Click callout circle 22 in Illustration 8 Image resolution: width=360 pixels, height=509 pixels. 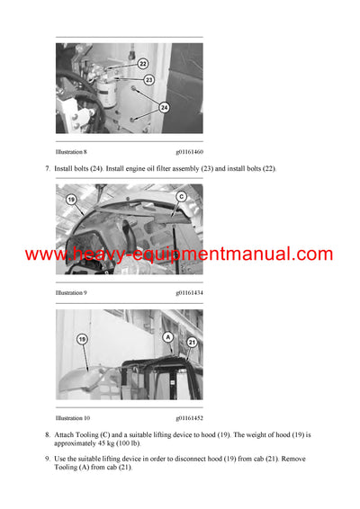click(143, 63)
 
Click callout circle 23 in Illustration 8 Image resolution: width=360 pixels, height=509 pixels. click(148, 80)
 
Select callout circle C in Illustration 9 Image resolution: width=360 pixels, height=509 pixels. click(180, 195)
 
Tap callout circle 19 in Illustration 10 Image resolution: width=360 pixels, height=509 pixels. click(82, 339)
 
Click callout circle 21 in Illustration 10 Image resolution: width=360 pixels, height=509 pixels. click(190, 343)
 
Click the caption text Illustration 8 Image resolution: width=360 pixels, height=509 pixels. click(71, 153)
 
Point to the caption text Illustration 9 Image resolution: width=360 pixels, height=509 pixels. click(71, 292)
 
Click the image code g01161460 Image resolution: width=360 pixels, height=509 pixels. click(184, 153)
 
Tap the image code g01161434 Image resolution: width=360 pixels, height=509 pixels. click(184, 292)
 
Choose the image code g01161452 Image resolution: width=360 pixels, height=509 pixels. click(184, 418)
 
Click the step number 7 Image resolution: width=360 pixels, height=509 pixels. click(47, 169)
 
